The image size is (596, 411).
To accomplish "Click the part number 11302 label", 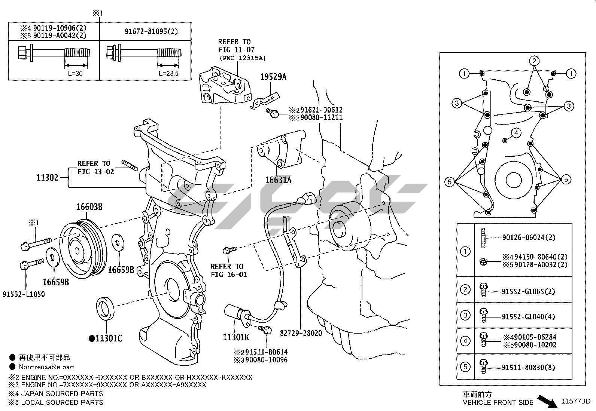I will (47, 178).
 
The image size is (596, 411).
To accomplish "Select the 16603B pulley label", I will (89, 207).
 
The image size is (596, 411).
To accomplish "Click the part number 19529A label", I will (273, 77).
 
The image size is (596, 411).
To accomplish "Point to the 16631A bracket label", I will (278, 180).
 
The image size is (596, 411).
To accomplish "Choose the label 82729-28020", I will (301, 333).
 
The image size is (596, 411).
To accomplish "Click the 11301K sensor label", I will (236, 337).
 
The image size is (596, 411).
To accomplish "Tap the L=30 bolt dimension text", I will (73, 73).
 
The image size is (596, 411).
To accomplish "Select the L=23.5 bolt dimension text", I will (168, 73).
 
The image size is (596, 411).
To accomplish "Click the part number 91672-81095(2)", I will (151, 31).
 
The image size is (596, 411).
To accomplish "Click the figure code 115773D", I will (575, 402).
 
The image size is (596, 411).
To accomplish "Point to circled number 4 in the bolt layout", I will (516, 133).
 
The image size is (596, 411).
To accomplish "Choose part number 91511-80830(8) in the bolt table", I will (529, 367).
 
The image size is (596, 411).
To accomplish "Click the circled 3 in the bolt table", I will (465, 315).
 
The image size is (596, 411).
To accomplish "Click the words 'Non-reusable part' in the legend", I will (47, 367).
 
